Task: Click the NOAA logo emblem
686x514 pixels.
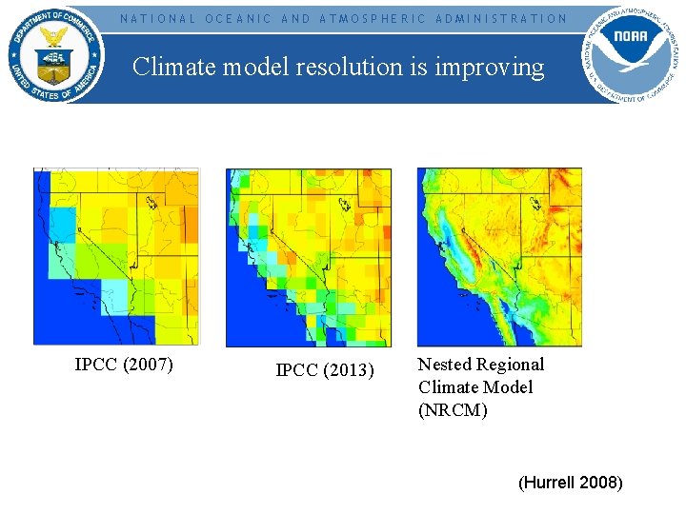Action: coord(632,51)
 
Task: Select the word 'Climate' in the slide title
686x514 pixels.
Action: coord(168,67)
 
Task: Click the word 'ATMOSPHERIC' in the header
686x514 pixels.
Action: coord(373,18)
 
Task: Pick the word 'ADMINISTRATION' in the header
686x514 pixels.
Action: coord(501,18)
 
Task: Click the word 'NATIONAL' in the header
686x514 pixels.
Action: coord(157,18)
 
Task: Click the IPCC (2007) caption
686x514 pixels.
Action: coord(124,364)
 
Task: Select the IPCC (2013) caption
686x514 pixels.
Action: coord(325,370)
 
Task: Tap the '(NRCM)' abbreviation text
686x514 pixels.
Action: coord(453,410)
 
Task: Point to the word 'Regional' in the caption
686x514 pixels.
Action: coord(510,365)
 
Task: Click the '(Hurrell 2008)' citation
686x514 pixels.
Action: coord(570,483)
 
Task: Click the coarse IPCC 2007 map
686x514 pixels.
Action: coord(116,256)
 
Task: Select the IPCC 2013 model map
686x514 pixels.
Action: coord(308,257)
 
